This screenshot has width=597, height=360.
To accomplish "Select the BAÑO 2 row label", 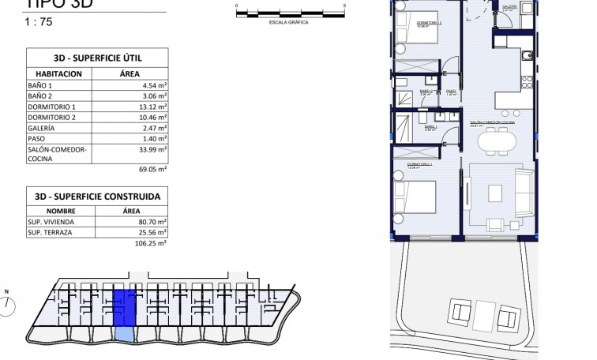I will [x=39, y=96].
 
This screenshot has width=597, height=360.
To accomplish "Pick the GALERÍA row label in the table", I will [x=41, y=127].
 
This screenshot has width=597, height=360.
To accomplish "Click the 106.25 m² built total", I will [x=153, y=245].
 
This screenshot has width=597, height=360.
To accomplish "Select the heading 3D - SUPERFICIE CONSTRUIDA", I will [x=98, y=197].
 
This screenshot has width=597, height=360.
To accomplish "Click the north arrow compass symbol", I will [x=7, y=303].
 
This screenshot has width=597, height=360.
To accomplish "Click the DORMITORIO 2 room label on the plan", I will [x=430, y=23].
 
